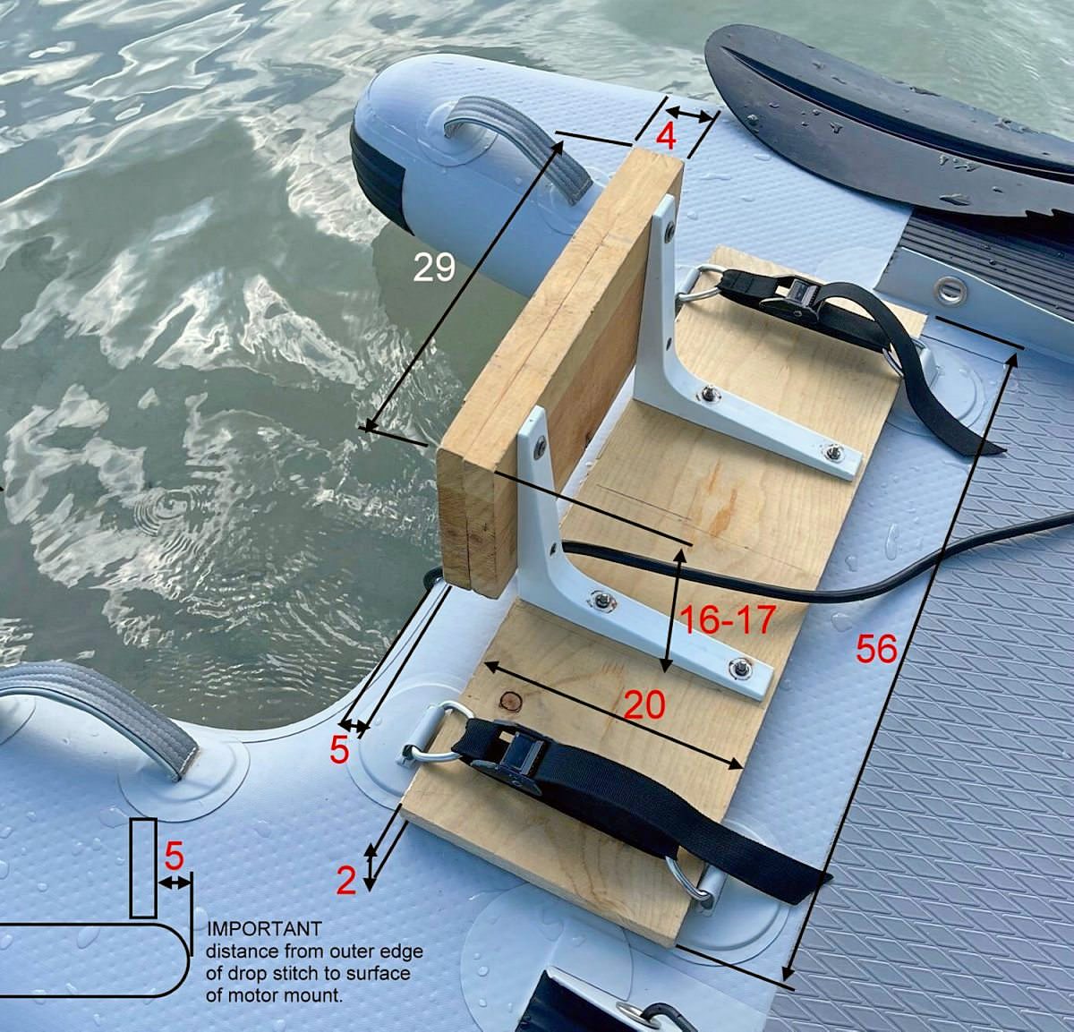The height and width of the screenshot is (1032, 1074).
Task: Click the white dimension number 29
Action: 434,269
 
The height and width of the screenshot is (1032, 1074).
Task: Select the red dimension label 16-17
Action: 728,619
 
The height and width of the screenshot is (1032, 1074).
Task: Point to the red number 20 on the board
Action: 644,704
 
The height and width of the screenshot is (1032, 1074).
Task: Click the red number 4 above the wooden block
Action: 666,136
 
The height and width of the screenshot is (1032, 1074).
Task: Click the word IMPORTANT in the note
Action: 264,929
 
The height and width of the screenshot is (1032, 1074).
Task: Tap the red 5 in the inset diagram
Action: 174,857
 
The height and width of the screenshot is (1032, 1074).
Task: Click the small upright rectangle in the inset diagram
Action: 143,868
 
